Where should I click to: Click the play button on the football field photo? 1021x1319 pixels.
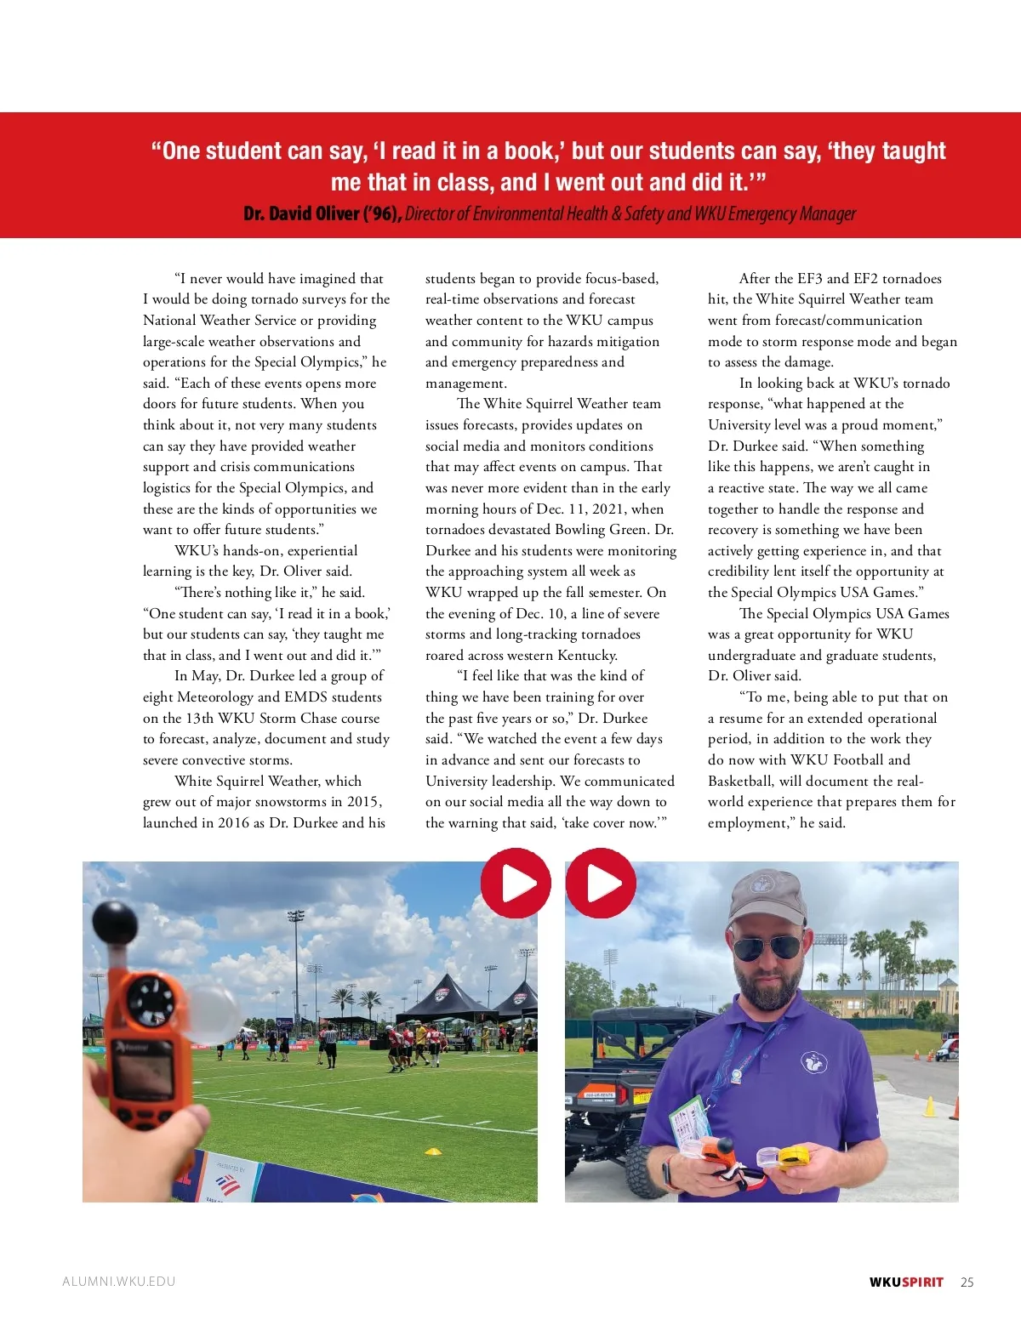pyautogui.click(x=516, y=883)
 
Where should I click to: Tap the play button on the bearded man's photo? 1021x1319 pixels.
pyautogui.click(x=601, y=883)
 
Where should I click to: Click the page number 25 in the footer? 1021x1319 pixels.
pyautogui.click(x=967, y=1282)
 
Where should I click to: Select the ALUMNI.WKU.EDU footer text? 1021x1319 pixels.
pyautogui.click(x=118, y=1282)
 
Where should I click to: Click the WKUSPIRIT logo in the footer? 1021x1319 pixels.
pyautogui.click(x=906, y=1282)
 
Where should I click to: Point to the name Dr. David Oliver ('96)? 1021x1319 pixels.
pyautogui.click(x=322, y=213)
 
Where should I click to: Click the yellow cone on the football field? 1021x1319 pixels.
pyautogui.click(x=434, y=1151)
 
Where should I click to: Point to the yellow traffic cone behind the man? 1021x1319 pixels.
pyautogui.click(x=929, y=1106)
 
